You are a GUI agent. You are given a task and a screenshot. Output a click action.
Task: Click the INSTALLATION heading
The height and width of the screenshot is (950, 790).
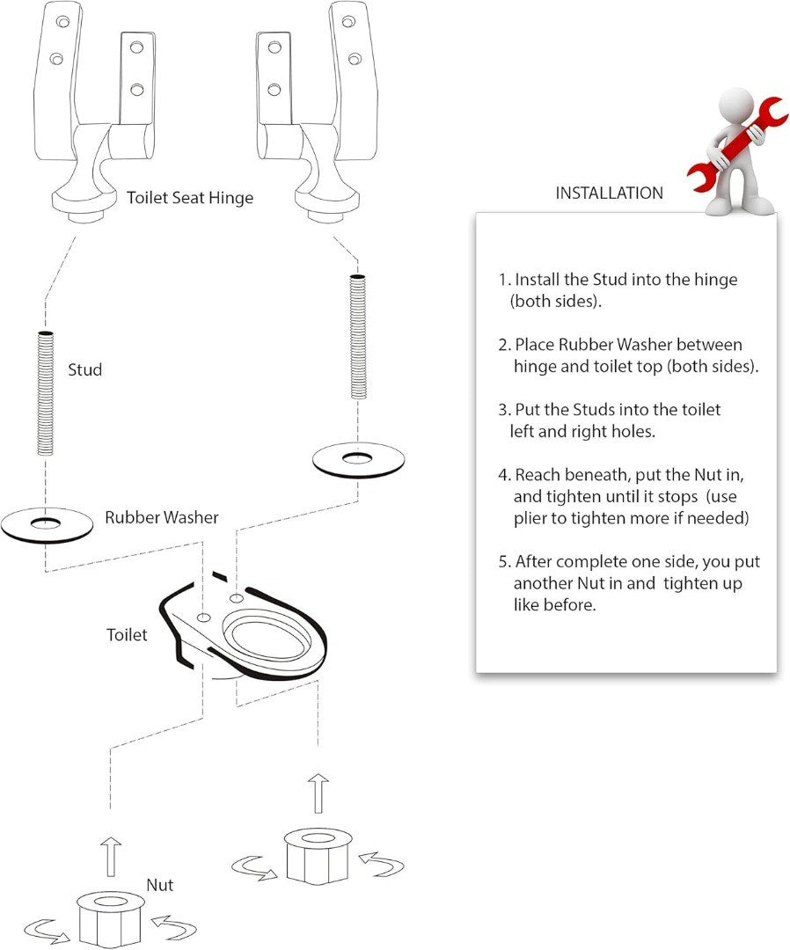point(609,193)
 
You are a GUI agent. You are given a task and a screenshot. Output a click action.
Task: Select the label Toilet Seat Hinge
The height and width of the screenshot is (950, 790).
point(190,198)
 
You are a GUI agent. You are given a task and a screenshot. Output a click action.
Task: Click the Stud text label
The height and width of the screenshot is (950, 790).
point(85,369)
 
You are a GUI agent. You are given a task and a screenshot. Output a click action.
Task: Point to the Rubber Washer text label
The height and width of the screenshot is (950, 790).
point(162,517)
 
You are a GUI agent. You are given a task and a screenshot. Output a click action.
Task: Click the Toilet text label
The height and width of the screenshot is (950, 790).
point(127,634)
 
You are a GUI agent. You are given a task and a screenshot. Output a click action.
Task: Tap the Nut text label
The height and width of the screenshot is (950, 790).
point(160,885)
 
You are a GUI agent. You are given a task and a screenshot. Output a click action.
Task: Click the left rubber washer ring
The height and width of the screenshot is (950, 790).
point(48,525)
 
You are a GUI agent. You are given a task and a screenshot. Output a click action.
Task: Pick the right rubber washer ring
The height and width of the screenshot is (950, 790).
point(358,458)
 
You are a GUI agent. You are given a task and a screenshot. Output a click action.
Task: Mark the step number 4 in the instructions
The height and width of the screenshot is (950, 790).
point(504,475)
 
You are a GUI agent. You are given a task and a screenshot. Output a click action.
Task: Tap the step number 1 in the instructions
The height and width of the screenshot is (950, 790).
point(504,280)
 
